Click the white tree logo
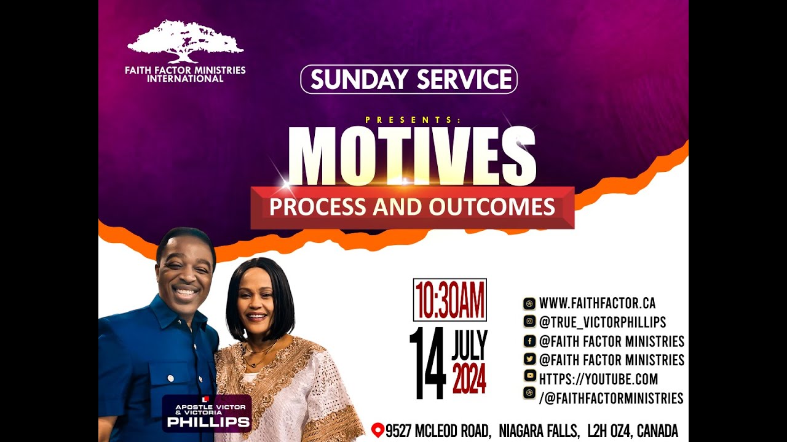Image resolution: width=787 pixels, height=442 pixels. [x=184, y=41]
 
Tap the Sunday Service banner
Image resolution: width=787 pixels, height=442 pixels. [x=409, y=79]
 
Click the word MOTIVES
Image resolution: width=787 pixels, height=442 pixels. [x=412, y=157]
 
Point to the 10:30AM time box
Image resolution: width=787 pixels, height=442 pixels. [x=449, y=300]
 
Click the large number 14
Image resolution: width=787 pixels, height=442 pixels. [x=427, y=363]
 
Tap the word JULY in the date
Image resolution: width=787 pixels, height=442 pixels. [x=469, y=347]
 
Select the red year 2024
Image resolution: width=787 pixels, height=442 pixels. [x=469, y=379]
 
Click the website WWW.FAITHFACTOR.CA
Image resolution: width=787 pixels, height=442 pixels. [x=597, y=303]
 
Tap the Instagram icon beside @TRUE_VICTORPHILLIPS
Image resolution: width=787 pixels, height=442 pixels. [x=529, y=322]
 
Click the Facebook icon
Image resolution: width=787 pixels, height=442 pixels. [x=529, y=341]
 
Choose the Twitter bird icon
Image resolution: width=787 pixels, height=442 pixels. [x=529, y=360]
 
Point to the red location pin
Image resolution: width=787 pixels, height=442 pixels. [x=378, y=430]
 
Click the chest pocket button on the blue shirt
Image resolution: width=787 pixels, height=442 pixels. [x=169, y=378]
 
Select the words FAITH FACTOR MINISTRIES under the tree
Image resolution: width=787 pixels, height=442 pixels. [x=185, y=70]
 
